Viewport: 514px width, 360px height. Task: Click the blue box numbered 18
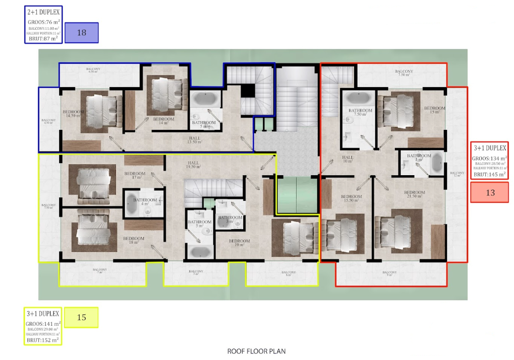click(82, 33)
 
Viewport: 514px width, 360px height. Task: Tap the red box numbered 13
click(490, 192)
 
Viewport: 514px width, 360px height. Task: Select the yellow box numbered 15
click(82, 317)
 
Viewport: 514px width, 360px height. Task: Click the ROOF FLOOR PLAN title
click(256, 351)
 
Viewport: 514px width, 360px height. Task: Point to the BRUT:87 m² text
click(43, 38)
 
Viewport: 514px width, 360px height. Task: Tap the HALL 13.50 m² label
click(194, 139)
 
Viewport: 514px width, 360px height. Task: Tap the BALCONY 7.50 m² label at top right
click(404, 73)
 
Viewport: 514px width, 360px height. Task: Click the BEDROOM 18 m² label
click(133, 241)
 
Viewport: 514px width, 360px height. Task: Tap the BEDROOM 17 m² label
click(135, 176)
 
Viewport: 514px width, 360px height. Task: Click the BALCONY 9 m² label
click(389, 274)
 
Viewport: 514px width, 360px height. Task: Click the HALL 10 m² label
click(347, 159)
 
